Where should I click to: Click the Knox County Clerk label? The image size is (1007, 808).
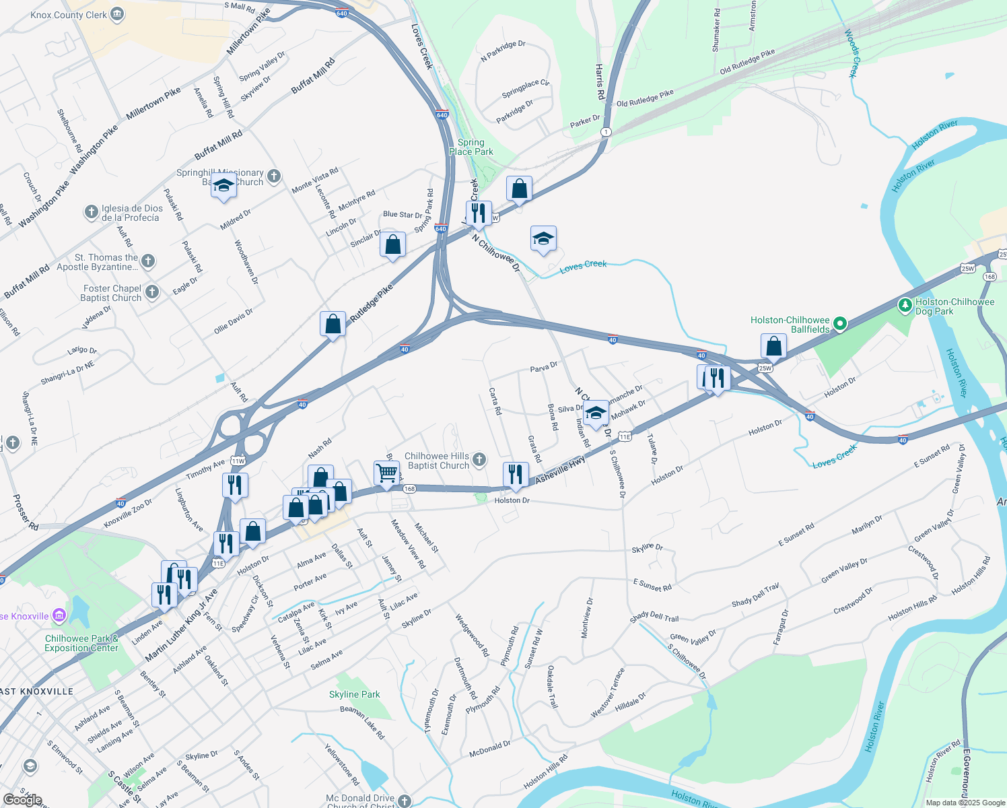coord(69,15)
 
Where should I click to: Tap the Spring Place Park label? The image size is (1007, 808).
coord(471,147)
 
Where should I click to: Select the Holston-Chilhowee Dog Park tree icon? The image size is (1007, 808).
coord(905,306)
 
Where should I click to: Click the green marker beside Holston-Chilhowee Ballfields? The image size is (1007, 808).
coord(840,325)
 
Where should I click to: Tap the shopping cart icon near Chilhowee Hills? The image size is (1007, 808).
coord(386,472)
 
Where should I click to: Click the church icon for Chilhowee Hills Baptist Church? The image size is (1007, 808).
coord(479,460)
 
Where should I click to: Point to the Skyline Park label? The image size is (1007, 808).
coord(355,694)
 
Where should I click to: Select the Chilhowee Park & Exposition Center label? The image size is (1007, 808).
coord(81,643)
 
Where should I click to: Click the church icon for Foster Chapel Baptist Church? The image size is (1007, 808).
coord(153,292)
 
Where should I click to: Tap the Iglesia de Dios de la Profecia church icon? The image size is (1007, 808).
coord(92,213)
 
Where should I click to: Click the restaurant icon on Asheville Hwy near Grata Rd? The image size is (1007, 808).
coord(515,474)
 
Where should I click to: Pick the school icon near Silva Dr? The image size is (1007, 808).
coord(596,413)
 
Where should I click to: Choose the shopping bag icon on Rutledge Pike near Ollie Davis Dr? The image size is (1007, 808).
coord(333,324)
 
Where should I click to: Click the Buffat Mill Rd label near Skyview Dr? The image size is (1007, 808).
coord(313,75)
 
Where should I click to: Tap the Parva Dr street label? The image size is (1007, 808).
coord(544,368)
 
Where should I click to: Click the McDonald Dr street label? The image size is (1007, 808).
coord(490,747)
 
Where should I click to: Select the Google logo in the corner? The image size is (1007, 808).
coord(22,800)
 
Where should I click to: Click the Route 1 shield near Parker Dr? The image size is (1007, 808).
coord(606,132)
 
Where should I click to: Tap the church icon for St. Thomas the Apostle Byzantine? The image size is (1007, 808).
coord(148,261)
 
